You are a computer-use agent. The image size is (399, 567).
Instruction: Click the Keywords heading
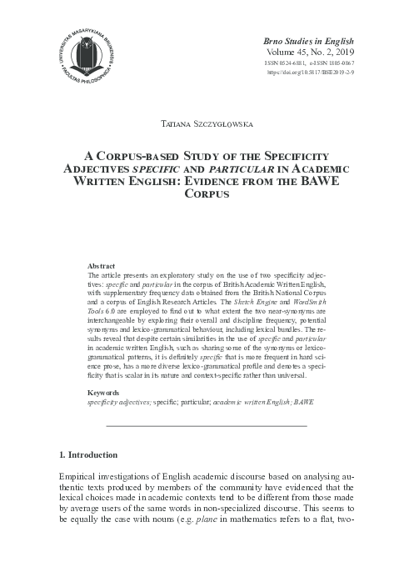coord(105,391)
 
